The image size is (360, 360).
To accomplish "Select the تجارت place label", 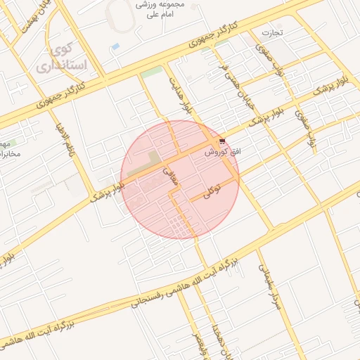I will click(x=271, y=32).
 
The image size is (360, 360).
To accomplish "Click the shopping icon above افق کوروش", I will click(x=223, y=141).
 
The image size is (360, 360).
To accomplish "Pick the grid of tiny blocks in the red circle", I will click(x=184, y=227).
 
